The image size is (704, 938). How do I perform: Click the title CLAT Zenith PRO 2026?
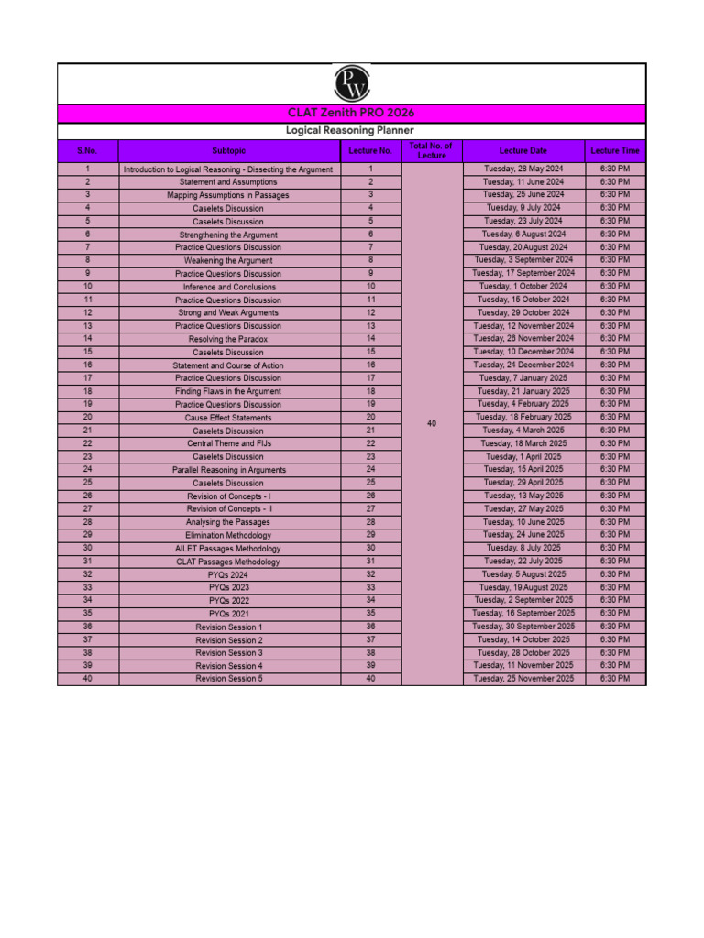351,113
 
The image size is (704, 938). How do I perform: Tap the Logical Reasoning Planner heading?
351,131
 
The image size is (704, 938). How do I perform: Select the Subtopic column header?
228,150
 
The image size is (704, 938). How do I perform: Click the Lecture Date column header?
523,150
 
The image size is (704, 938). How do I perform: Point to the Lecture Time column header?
615,150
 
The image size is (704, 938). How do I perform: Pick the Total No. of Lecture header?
432,150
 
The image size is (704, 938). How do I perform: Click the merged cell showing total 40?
432,423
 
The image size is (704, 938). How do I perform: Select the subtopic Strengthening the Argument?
228,235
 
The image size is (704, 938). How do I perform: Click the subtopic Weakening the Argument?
228,261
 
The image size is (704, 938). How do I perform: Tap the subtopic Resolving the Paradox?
228,340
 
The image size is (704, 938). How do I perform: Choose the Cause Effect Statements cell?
228,418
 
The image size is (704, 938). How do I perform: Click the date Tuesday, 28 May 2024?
523,169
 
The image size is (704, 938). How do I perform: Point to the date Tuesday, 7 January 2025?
523,378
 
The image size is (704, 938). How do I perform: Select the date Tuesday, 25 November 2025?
523,679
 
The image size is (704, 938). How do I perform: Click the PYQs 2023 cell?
228,587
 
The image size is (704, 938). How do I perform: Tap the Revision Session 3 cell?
228,653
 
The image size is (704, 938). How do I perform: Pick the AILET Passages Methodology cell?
228,549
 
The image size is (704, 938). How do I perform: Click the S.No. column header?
87,150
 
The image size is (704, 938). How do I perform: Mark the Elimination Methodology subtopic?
228,535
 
